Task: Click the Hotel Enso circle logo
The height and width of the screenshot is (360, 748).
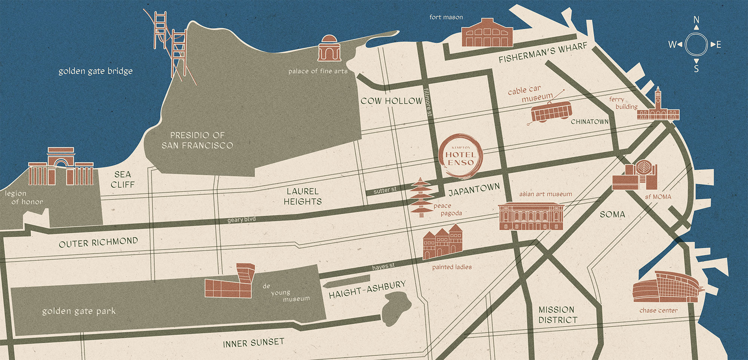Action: (460, 156)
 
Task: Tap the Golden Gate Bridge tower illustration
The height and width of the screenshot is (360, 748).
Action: (170, 41)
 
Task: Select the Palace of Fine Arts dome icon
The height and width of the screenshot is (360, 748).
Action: (329, 49)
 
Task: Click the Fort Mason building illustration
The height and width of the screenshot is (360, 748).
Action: (487, 33)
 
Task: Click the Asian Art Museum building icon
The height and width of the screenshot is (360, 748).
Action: (531, 216)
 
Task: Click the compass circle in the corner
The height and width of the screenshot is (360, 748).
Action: (696, 44)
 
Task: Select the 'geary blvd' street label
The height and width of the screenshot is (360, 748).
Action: (241, 219)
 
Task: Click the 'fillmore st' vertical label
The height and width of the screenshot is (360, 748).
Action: (428, 102)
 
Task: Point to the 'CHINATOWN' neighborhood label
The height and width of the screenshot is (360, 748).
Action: (589, 122)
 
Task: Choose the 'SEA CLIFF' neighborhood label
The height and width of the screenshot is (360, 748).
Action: (123, 179)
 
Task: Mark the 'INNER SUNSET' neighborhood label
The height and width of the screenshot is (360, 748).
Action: (253, 343)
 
